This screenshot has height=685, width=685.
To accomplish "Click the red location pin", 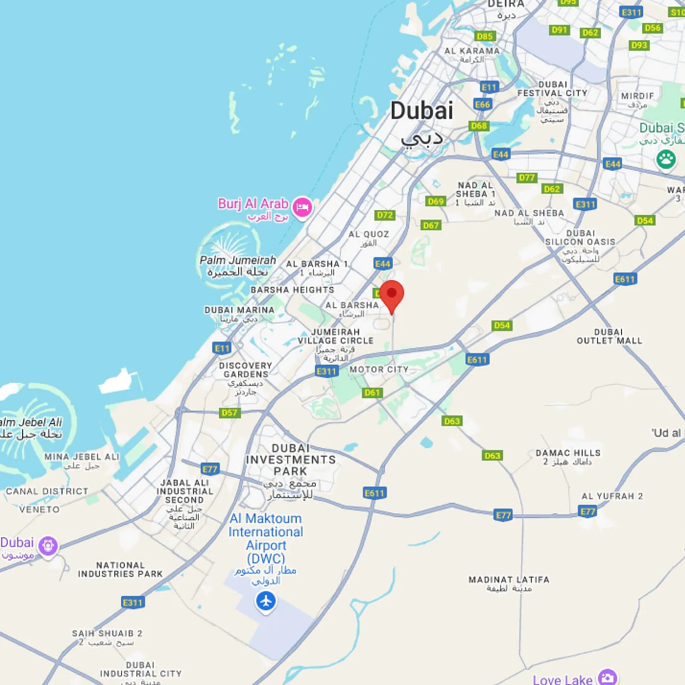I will coord(392,295).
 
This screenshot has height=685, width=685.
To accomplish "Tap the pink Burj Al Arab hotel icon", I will coord(302,207).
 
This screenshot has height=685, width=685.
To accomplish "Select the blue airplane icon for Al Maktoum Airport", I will coord(266,601).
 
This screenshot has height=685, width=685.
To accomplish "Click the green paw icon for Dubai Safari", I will coord(666,159).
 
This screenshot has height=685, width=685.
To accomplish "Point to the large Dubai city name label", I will coord(422,111).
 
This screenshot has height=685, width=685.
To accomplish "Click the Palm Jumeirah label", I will coord(238,260).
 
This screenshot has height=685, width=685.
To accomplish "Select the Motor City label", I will coord(379,370).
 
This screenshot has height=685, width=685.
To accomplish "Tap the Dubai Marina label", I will coord(239,310).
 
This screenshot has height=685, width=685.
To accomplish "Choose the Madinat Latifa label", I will coord(509,580).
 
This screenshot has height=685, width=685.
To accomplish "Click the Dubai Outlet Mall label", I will coord(609,336).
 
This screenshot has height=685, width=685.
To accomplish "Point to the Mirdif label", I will coord(637,96).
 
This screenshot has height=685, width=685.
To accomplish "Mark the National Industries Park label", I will coord(120,570).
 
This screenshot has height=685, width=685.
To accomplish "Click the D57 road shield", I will coord(229,412).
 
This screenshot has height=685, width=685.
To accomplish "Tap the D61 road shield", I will coord(373,392).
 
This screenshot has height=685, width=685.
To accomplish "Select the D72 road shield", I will coord(385,215).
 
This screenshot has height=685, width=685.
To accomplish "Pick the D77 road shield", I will coord(527,178).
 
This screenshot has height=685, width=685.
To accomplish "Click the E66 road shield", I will coord(482,104).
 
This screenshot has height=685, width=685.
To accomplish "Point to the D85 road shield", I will coord(485,36).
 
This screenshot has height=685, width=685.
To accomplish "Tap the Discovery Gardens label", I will coord(246,370).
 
